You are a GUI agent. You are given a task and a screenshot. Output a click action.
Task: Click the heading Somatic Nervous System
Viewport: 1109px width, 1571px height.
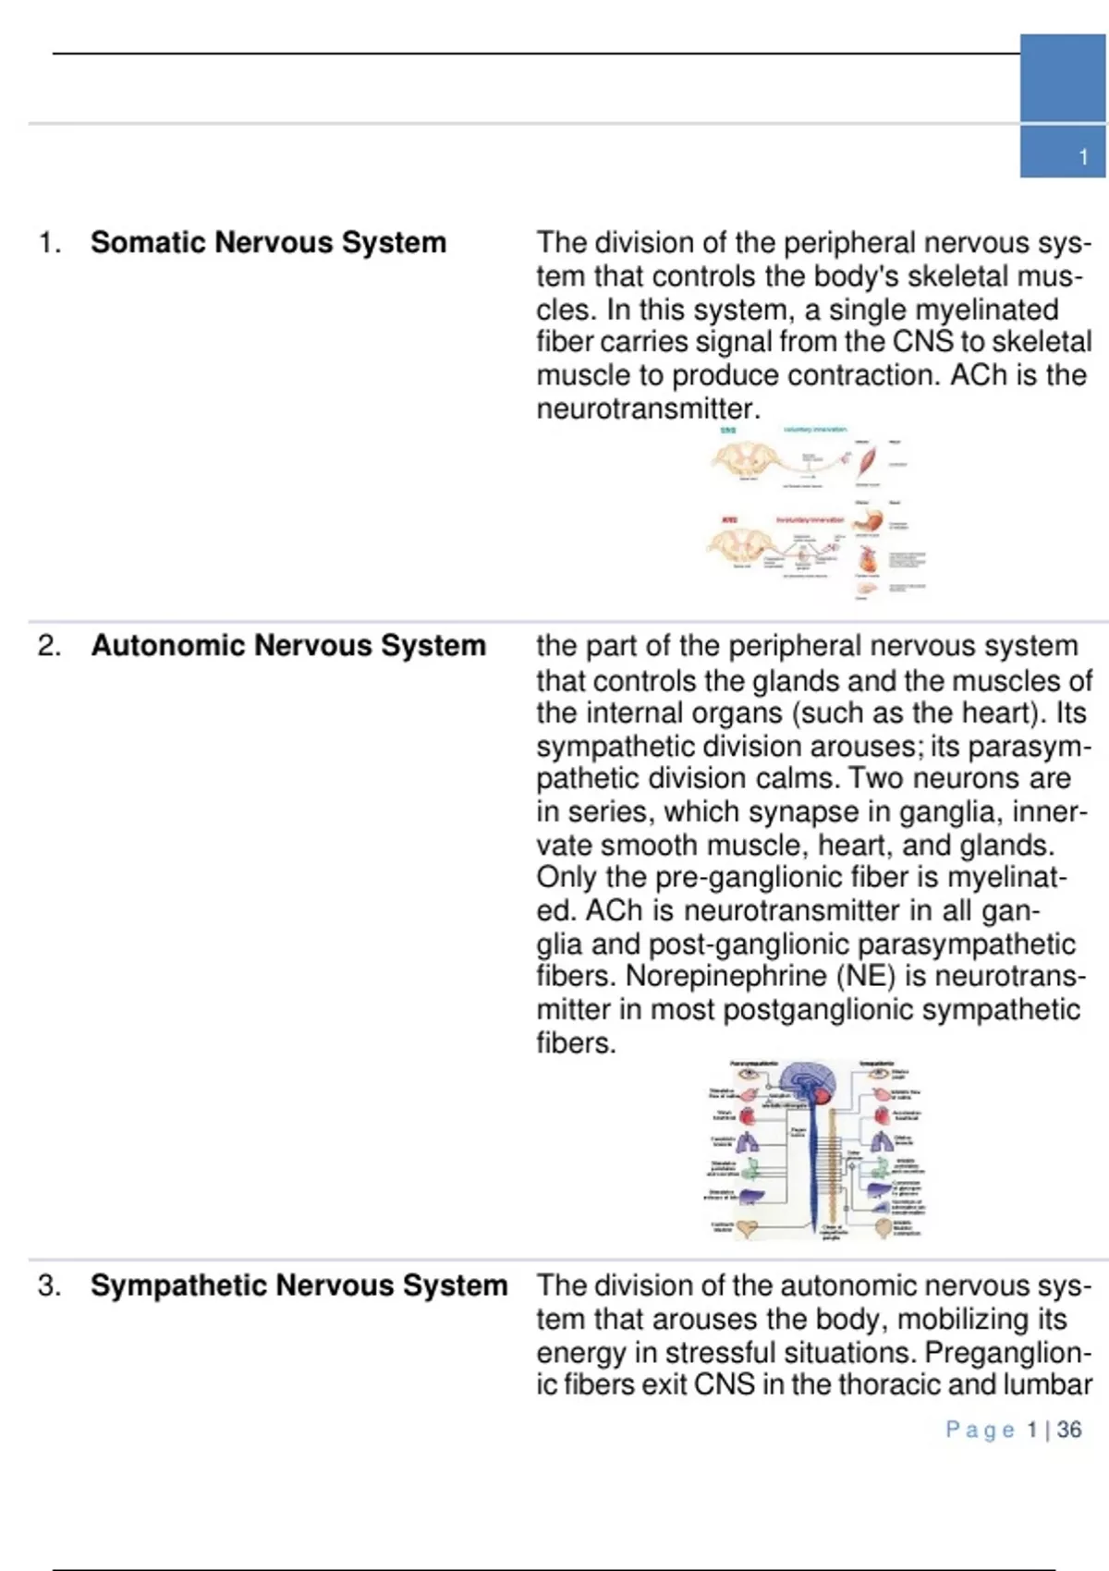click(x=268, y=242)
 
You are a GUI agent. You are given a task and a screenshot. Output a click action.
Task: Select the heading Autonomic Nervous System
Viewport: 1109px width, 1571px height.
click(x=288, y=645)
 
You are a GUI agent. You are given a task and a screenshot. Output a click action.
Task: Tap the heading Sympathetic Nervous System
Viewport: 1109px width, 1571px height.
click(x=299, y=1285)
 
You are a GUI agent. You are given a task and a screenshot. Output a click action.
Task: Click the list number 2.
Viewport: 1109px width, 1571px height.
click(x=49, y=645)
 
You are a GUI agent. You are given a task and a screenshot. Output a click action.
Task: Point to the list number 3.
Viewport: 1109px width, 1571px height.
click(x=49, y=1285)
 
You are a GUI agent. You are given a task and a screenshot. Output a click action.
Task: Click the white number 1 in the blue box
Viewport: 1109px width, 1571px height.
click(x=1083, y=157)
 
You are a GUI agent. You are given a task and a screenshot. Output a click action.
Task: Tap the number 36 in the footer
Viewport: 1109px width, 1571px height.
click(x=1069, y=1430)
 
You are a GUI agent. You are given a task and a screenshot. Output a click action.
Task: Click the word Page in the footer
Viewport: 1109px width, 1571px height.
click(x=980, y=1430)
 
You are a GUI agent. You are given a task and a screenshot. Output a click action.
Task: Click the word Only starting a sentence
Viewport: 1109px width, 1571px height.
click(x=567, y=877)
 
